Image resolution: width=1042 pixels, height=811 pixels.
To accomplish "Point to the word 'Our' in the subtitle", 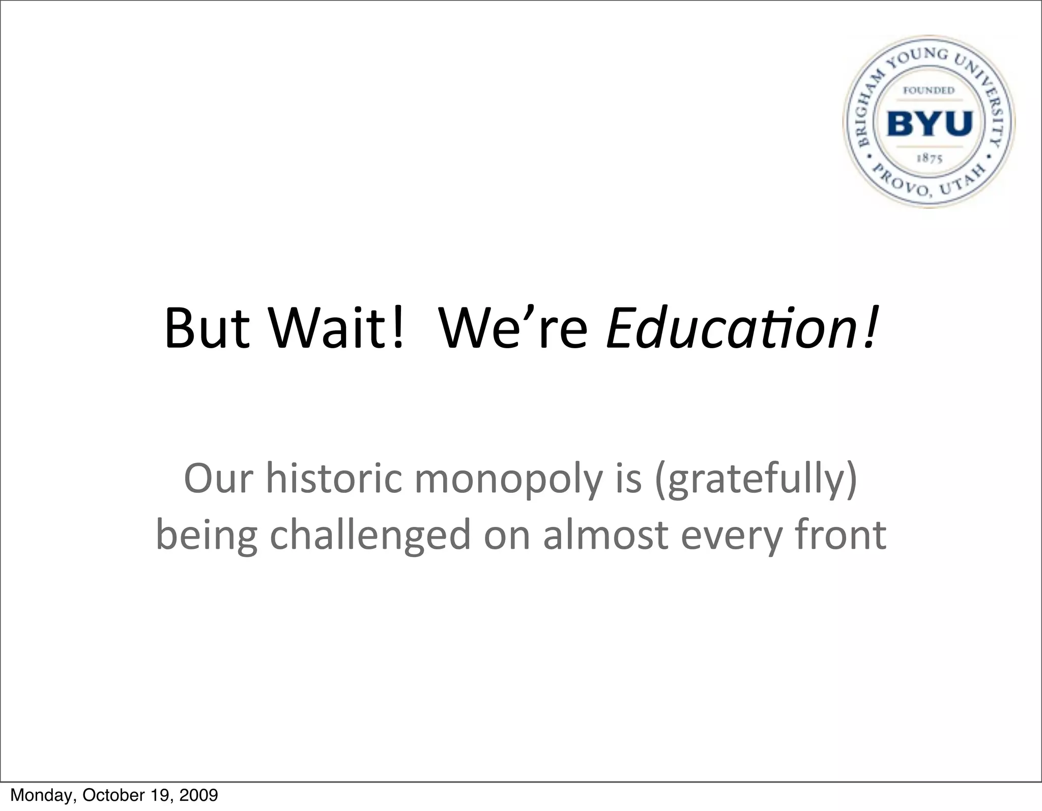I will coord(218,479).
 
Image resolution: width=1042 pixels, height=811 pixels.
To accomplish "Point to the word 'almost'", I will coord(605,535).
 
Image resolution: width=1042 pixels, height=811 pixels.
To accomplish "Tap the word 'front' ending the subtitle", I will coord(841,535).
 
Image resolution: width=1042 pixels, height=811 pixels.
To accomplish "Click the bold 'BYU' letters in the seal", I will coord(930,124).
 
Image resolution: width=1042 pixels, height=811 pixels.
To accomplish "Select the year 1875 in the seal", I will coord(930,158).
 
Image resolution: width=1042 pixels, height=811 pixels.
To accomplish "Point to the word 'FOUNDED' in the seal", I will coord(929,91).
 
